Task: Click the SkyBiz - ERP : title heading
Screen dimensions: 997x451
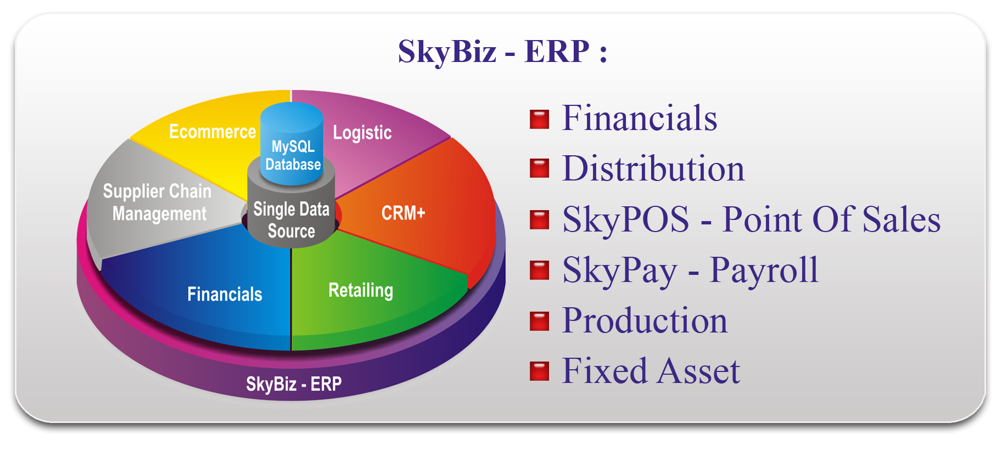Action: pyautogui.click(x=502, y=52)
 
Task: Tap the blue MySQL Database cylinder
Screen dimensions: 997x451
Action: pyautogui.click(x=292, y=143)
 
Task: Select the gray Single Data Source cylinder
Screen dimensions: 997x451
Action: pyautogui.click(x=291, y=211)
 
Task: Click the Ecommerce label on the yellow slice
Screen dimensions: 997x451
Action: pyautogui.click(x=212, y=132)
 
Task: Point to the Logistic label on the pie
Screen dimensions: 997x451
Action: pyautogui.click(x=362, y=132)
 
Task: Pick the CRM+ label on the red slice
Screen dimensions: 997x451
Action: pyautogui.click(x=404, y=213)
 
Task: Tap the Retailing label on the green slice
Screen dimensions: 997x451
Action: pyautogui.click(x=361, y=290)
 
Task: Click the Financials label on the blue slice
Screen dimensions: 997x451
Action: pyautogui.click(x=225, y=294)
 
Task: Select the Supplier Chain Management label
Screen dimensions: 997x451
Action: pyautogui.click(x=158, y=202)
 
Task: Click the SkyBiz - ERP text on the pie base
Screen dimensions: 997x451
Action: pyautogui.click(x=294, y=384)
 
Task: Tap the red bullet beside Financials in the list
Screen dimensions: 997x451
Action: pyautogui.click(x=539, y=119)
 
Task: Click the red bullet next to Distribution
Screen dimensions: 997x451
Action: pyautogui.click(x=539, y=168)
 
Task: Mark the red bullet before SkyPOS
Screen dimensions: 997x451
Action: pyautogui.click(x=539, y=219)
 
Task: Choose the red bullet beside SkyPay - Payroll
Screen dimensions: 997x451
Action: pyautogui.click(x=539, y=270)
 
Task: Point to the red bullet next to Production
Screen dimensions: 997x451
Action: pyautogui.click(x=539, y=321)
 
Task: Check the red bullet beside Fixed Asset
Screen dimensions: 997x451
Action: pyautogui.click(x=539, y=371)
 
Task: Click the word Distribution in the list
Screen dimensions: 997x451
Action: pyautogui.click(x=653, y=168)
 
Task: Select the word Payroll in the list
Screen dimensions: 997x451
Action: pyautogui.click(x=764, y=270)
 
